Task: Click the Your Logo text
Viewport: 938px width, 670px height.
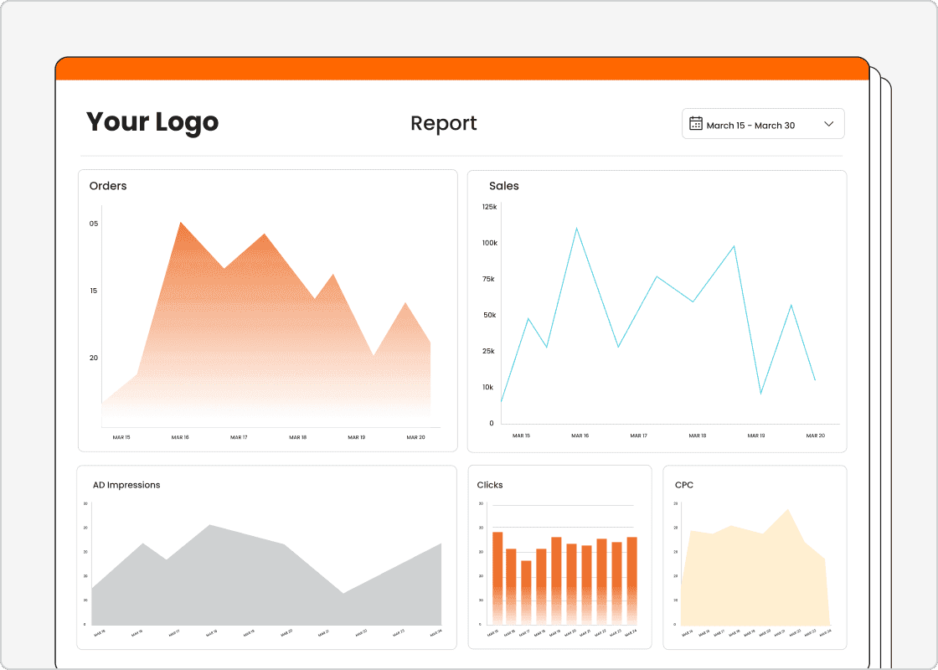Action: pyautogui.click(x=152, y=122)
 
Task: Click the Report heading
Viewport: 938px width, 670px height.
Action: pyautogui.click(x=443, y=123)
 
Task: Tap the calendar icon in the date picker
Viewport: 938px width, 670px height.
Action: pyautogui.click(x=696, y=124)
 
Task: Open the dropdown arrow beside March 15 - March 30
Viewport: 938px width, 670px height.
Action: pyautogui.click(x=829, y=124)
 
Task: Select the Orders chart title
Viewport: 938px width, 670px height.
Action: pyautogui.click(x=108, y=186)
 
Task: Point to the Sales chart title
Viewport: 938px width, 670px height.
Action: pyautogui.click(x=504, y=186)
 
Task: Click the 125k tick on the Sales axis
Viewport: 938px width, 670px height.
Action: pyautogui.click(x=489, y=207)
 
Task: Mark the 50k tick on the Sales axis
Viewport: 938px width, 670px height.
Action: pyautogui.click(x=489, y=315)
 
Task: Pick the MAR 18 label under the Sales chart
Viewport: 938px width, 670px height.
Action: pyautogui.click(x=697, y=435)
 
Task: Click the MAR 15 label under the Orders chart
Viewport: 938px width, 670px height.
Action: pyautogui.click(x=121, y=437)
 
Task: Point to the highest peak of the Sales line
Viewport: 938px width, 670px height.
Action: pyautogui.click(x=576, y=228)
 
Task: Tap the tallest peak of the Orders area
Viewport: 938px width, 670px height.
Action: pyautogui.click(x=181, y=223)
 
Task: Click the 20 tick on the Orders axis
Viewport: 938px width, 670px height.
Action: pyautogui.click(x=94, y=358)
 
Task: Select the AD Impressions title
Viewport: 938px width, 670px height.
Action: pyautogui.click(x=126, y=485)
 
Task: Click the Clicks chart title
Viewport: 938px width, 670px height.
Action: pyautogui.click(x=490, y=485)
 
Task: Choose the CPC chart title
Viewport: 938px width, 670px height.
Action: pyautogui.click(x=684, y=485)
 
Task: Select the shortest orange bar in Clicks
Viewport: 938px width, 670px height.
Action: pyautogui.click(x=526, y=590)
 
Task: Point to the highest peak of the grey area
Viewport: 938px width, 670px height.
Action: pyautogui.click(x=209, y=526)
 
